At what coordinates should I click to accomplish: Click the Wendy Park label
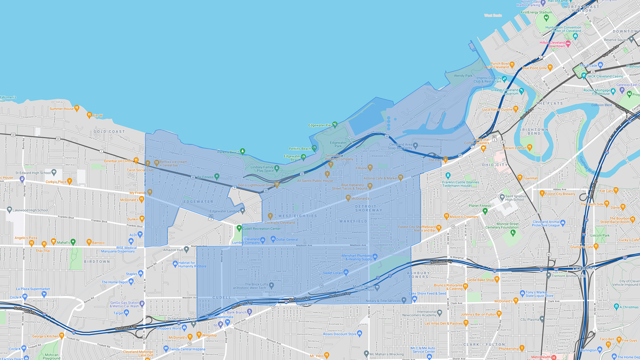(463, 76)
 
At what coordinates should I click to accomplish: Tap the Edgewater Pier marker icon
(335, 125)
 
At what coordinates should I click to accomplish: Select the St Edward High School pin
(54, 172)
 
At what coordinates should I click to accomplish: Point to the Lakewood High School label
(30, 210)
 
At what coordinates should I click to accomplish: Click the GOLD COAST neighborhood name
(109, 131)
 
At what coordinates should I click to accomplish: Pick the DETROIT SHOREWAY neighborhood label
(369, 208)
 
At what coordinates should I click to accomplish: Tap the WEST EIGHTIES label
(298, 216)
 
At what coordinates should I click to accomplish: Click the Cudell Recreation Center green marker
(239, 228)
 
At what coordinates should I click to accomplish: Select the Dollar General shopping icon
(273, 239)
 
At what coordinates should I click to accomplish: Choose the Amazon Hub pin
(186, 249)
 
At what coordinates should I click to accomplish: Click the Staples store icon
(141, 273)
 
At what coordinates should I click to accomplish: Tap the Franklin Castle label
(461, 184)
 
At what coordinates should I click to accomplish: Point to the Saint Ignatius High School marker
(502, 197)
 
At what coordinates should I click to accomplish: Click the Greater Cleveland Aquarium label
(505, 92)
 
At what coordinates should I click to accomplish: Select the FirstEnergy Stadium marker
(546, 17)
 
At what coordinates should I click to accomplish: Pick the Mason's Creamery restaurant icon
(446, 216)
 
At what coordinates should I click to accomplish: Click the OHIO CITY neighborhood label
(495, 165)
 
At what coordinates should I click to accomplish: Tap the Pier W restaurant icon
(89, 115)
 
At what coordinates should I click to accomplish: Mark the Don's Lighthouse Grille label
(256, 185)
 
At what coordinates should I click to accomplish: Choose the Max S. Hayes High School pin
(377, 287)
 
